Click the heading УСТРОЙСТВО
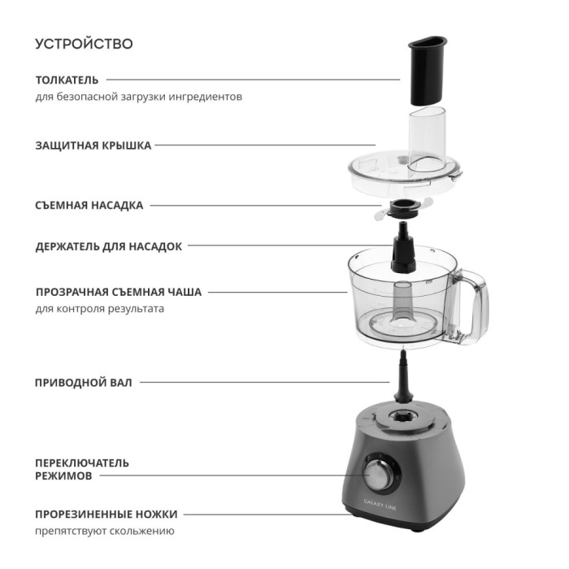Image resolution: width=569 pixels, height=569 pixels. [84, 44]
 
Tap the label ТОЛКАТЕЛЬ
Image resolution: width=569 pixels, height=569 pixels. [67, 80]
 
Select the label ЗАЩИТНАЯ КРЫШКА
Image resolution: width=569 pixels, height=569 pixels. [93, 146]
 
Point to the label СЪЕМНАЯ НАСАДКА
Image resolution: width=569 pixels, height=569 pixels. [89, 206]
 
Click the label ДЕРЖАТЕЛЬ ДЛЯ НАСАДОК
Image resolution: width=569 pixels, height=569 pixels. [108, 246]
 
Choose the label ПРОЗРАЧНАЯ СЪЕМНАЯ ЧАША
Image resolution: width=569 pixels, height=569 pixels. [119, 292]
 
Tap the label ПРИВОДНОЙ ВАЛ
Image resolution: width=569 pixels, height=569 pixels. [84, 383]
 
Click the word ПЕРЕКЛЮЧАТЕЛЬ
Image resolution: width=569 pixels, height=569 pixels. [82, 463]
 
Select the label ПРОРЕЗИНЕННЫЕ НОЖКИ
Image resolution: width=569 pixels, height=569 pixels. [106, 515]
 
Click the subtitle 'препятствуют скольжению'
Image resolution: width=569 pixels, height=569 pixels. [105, 531]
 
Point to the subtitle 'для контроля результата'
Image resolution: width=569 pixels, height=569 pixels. [99, 309]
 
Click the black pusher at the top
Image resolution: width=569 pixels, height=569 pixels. [428, 71]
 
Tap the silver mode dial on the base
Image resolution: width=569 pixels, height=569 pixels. [380, 475]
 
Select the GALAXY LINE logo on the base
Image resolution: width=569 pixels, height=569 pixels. [380, 505]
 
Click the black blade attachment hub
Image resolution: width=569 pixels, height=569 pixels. [403, 210]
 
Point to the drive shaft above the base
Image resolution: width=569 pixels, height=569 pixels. [403, 377]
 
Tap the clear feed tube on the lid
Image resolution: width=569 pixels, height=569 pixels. [427, 140]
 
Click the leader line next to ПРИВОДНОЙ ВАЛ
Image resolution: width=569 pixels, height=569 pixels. [265, 382]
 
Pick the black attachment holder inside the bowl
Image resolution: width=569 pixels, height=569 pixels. [403, 249]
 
